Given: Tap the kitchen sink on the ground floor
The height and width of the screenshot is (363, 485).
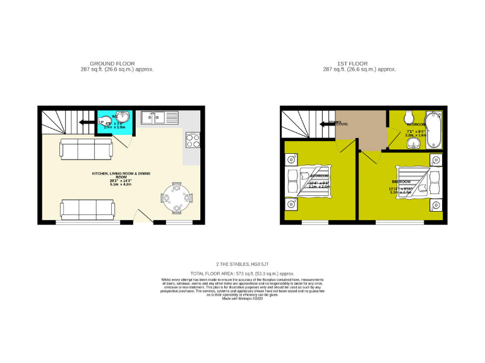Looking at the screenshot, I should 153,116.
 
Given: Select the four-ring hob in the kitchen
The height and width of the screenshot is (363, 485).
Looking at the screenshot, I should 192,139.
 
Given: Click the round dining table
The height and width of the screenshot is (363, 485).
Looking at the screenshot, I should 176,197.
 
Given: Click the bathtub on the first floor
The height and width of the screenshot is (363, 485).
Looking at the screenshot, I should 434,129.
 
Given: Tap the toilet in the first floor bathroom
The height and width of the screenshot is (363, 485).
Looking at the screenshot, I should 409,117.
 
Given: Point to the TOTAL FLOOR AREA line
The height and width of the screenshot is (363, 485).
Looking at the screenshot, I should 242,274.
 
